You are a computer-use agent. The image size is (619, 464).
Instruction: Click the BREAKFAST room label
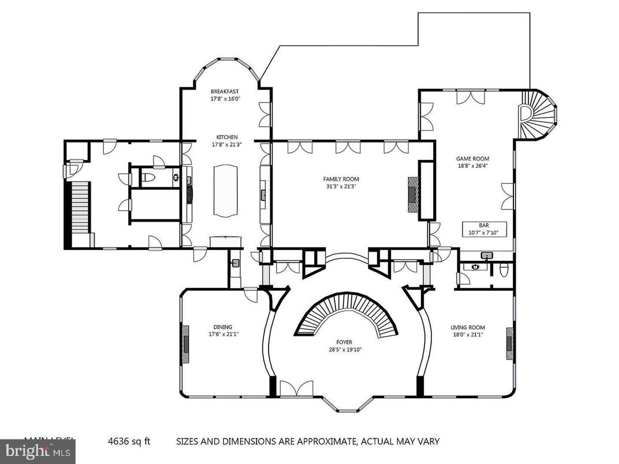pos(225,91)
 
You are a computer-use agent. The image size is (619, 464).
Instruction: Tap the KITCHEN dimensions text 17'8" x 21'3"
pos(225,144)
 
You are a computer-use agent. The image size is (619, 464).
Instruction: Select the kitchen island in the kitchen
pos(225,190)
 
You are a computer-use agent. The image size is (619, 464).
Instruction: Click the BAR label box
pos(483,229)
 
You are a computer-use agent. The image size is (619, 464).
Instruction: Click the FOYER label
pos(346,342)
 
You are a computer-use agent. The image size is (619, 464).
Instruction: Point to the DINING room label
pos(223,327)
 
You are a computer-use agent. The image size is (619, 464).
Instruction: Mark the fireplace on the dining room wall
pos(185,343)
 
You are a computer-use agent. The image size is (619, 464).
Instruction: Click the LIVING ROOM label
pos(468,327)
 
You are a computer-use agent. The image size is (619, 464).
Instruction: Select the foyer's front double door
pos(296,388)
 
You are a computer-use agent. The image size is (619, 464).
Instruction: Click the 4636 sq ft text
pos(129,441)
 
